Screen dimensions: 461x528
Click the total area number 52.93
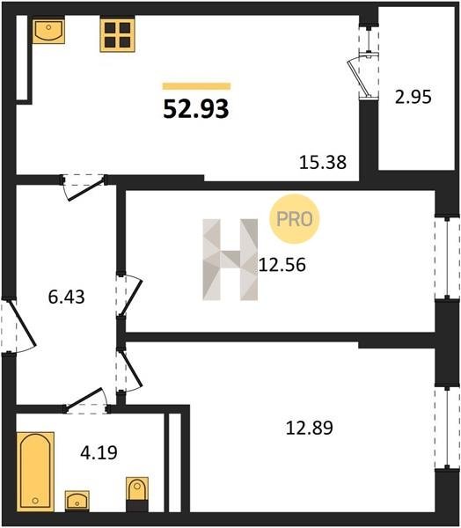pos(196,109)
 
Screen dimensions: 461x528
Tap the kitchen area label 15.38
pos(323,162)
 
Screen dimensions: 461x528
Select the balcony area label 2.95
pos(413,97)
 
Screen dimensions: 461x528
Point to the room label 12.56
pos(282,264)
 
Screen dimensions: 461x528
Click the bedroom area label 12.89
pos(309,428)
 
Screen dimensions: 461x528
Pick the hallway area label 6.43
pos(66,297)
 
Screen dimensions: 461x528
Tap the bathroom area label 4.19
pos(99,452)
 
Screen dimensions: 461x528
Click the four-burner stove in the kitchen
pos(117,35)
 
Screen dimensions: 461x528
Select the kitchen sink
pos(49,32)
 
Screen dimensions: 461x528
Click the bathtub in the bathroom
pos(35,472)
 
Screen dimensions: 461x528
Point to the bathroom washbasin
pos(77,501)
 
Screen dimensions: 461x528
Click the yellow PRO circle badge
pos(294,219)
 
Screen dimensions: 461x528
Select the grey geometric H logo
pos(230,260)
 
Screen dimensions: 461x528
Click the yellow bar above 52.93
pos(197,86)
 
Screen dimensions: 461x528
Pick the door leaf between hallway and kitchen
pos(87,190)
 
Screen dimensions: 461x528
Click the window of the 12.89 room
pos(447,428)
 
